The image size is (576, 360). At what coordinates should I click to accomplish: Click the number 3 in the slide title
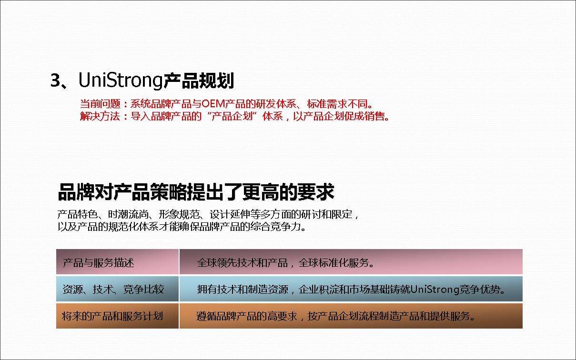[55, 80]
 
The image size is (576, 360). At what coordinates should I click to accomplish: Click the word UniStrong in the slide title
[121, 80]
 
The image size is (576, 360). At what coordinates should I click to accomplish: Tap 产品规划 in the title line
[199, 80]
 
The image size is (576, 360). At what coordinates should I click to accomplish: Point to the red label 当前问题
[100, 104]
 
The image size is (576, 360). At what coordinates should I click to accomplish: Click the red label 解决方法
[100, 116]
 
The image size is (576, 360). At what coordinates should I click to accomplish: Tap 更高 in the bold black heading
[261, 192]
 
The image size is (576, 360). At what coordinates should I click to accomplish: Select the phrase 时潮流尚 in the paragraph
[128, 214]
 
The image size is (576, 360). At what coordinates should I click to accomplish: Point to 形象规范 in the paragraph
[179, 214]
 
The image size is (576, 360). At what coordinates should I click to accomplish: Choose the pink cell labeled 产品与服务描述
[117, 261]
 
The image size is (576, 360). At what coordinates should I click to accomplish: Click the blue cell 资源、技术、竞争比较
[117, 289]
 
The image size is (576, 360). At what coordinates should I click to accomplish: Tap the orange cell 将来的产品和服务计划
[117, 316]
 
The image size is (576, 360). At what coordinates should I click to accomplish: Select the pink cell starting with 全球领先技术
[351, 261]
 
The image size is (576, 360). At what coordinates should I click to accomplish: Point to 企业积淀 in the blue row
[319, 290]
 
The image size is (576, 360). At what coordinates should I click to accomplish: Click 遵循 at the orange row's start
[206, 316]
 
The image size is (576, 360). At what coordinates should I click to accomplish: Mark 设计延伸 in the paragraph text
[230, 214]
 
